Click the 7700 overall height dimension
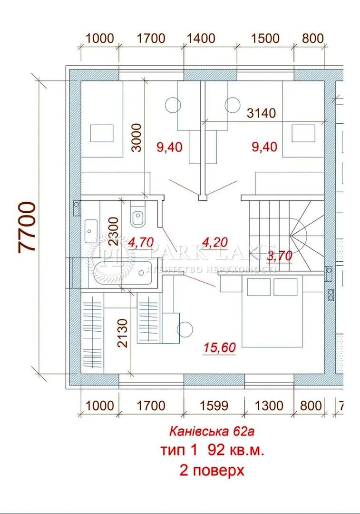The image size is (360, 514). (x=27, y=227)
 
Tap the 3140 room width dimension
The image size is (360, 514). (x=261, y=113)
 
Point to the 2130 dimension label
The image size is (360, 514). (x=123, y=333)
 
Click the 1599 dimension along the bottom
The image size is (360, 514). (x=214, y=406)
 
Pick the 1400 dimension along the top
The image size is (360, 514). (x=201, y=39)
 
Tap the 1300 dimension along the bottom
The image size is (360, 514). (x=269, y=406)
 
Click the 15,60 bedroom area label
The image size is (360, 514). (x=220, y=347)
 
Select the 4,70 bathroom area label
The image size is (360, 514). (x=141, y=243)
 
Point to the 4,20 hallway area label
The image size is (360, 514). (x=215, y=242)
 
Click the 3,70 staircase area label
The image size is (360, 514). (x=280, y=256)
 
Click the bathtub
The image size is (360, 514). (x=123, y=273)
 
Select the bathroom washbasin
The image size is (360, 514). (x=91, y=231)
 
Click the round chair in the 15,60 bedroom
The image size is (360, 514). (x=185, y=329)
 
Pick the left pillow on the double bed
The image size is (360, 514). (x=259, y=287)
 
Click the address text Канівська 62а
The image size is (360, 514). (x=212, y=431)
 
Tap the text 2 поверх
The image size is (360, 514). (x=212, y=471)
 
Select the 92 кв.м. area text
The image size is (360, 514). (x=236, y=450)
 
